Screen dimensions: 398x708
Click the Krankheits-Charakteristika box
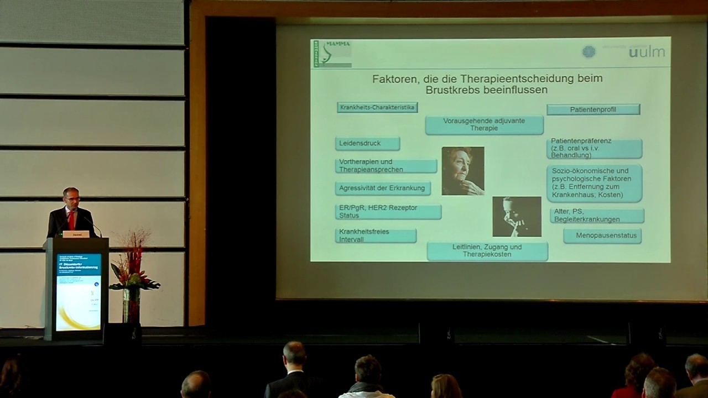[377, 107]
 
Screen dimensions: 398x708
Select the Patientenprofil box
[593, 109]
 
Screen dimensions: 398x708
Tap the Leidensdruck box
[367, 144]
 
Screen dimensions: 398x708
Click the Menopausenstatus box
[602, 235]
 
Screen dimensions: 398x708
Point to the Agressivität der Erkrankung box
[383, 188]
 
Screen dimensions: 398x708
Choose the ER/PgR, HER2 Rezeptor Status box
[388, 211]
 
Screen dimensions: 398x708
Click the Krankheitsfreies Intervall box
[376, 235]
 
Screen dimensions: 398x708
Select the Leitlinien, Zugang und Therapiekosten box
[487, 251]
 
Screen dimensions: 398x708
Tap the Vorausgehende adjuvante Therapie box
[484, 124]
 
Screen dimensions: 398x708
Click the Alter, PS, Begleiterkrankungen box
[597, 216]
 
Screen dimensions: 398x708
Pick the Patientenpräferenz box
[594, 148]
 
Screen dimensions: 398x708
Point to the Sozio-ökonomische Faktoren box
[594, 183]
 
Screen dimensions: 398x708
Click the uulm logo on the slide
[647, 52]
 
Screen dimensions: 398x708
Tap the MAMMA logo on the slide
[332, 54]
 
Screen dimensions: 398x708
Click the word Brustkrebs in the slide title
[450, 90]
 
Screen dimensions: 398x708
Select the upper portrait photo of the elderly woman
[463, 171]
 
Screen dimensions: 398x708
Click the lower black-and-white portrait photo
[517, 217]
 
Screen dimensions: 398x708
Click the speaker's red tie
[71, 220]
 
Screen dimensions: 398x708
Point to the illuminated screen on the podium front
[79, 291]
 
